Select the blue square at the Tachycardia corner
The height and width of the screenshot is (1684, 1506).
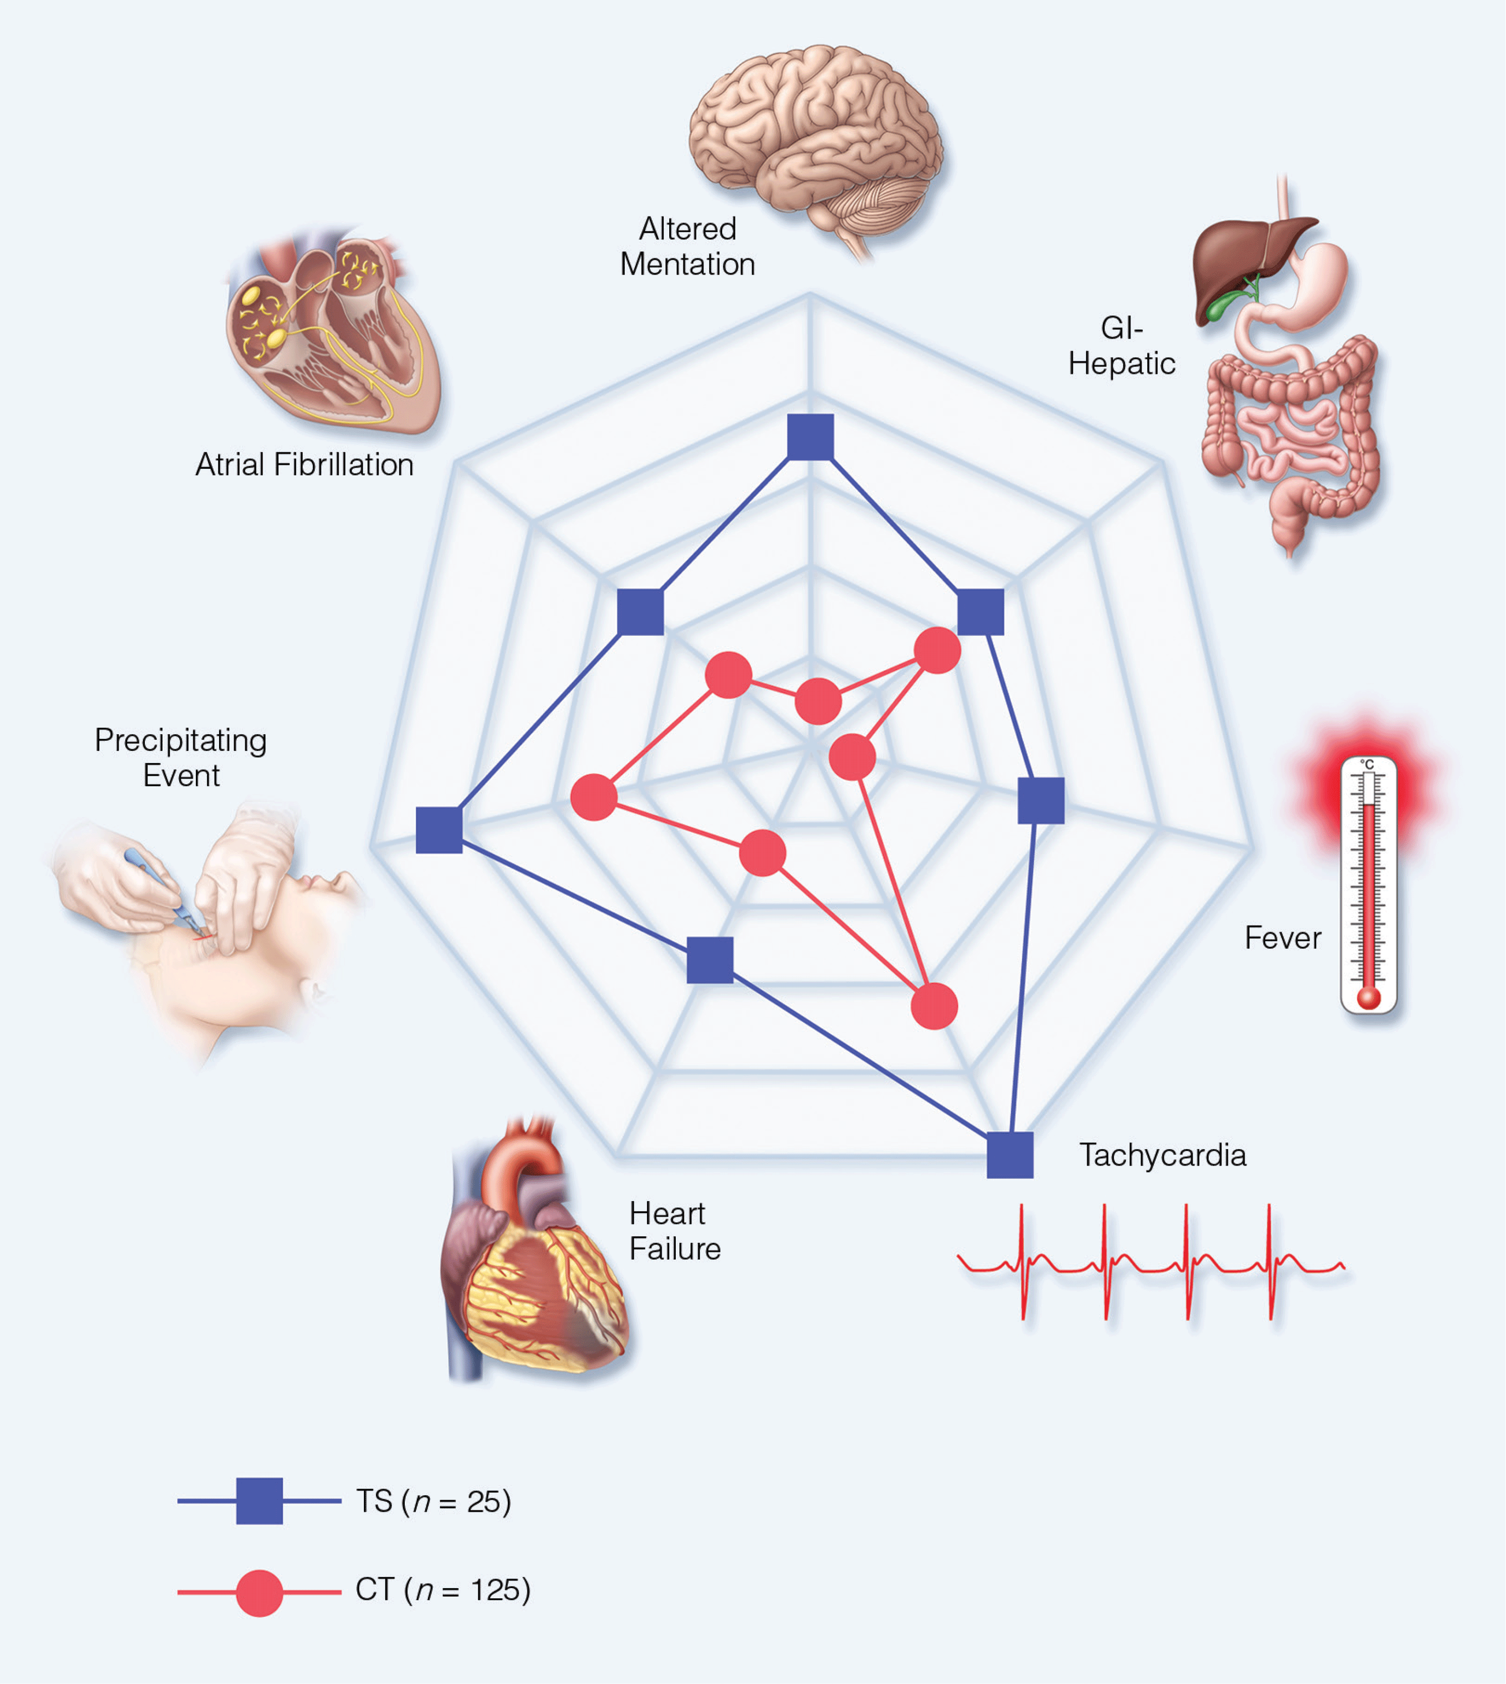pyautogui.click(x=1009, y=1155)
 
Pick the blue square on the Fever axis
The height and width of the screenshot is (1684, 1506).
pyautogui.click(x=1040, y=800)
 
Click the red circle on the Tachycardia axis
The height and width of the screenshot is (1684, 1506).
pyautogui.click(x=934, y=1006)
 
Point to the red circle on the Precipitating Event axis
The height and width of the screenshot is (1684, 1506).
pyautogui.click(x=594, y=797)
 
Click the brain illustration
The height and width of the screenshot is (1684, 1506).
pyautogui.click(x=815, y=141)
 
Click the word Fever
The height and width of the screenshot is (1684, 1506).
pyautogui.click(x=1282, y=938)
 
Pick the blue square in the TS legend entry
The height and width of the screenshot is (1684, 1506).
pyautogui.click(x=259, y=1500)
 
